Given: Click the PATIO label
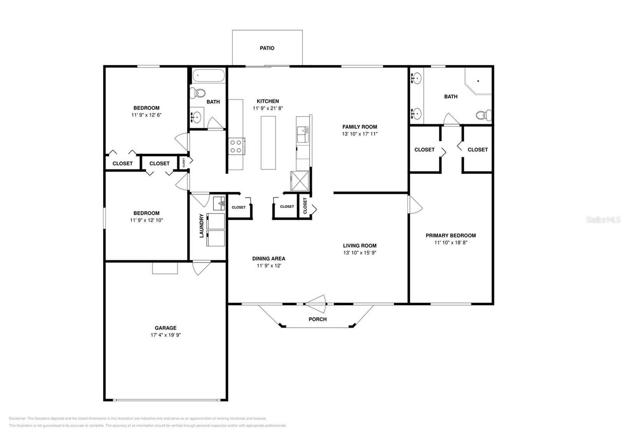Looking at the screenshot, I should tap(267, 48).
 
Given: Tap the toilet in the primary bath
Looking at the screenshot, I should tap(483, 115).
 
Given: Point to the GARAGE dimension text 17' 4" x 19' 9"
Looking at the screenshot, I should tap(166, 335).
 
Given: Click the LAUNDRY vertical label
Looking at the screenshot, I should tap(201, 226).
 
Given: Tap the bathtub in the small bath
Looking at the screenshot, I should tap(208, 75).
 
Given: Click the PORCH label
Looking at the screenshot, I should tap(317, 319).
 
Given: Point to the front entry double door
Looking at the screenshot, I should tap(316, 303).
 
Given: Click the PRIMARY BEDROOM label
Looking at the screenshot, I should tap(451, 235).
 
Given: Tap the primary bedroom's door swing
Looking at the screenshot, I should tap(414, 204).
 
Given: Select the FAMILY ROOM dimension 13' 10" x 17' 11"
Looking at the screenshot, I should tap(360, 134).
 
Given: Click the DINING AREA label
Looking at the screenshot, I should tap(269, 258).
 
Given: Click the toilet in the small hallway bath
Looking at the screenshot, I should tap(199, 93).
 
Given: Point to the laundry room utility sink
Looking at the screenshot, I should tap(219, 203).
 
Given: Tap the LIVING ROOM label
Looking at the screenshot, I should tap(360, 246).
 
